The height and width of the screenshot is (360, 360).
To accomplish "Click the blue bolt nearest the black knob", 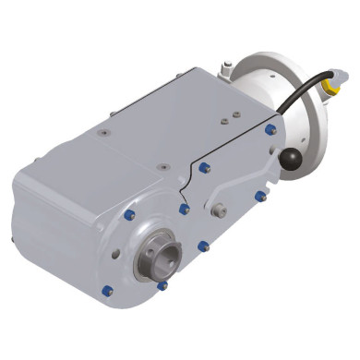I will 270,130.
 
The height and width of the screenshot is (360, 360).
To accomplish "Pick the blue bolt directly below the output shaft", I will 162,285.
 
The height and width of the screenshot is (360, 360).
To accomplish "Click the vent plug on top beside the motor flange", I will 224,67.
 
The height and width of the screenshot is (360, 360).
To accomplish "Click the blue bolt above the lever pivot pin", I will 204,167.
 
